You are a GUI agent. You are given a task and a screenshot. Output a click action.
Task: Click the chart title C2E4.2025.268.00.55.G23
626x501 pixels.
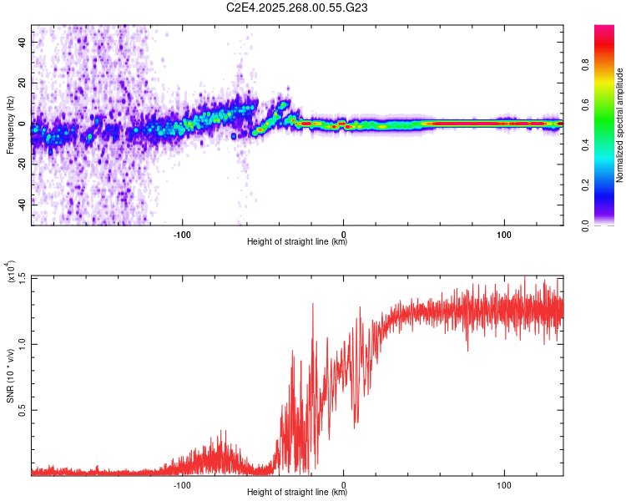tap(297, 8)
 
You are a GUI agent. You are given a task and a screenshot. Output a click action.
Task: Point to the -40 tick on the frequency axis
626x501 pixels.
tap(21, 203)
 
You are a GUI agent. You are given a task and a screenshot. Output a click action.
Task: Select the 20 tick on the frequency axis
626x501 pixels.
tap(23, 83)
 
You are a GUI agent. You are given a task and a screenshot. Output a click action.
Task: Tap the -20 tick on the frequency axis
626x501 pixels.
tap(21, 164)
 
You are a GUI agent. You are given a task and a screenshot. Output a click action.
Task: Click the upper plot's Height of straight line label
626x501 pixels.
tap(297, 241)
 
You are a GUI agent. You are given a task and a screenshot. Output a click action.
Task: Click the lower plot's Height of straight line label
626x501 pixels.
tap(297, 492)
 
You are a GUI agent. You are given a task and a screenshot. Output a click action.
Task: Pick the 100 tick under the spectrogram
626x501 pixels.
tap(504, 233)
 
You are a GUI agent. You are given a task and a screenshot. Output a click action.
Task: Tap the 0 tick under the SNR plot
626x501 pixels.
tap(344, 483)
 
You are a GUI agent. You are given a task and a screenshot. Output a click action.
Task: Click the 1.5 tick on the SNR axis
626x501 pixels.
tap(21, 277)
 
